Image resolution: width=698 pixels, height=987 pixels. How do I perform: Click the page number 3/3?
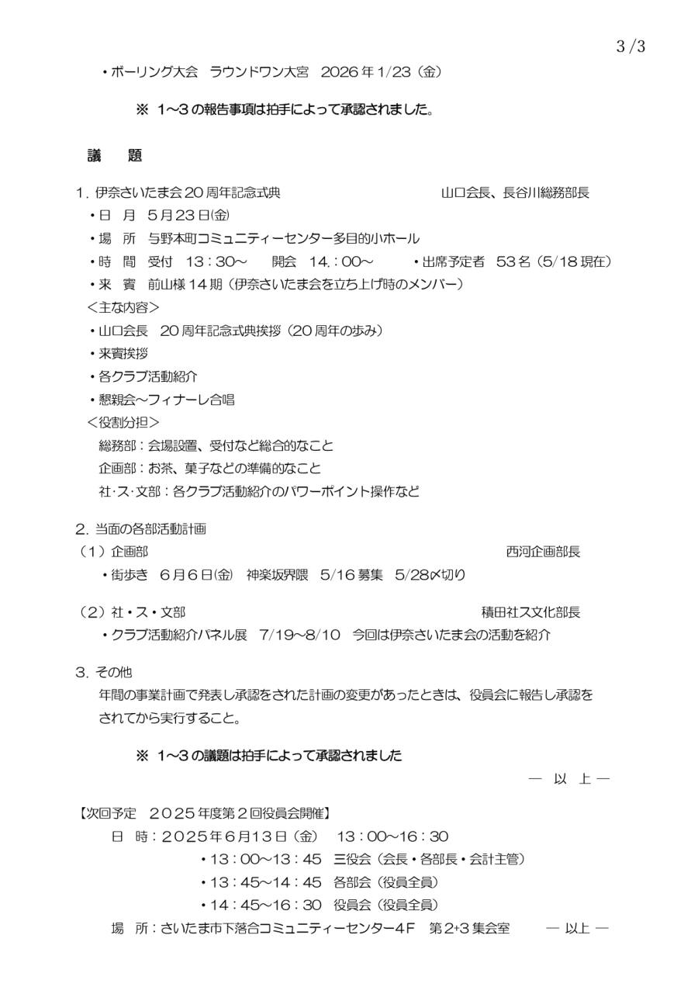click(x=631, y=46)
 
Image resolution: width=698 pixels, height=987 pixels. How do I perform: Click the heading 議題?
click(x=115, y=156)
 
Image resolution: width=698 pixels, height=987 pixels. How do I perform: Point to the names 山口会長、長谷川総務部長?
click(x=515, y=193)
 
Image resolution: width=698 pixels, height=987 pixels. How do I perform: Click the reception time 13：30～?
click(x=216, y=261)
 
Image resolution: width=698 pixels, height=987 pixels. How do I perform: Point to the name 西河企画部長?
click(x=543, y=552)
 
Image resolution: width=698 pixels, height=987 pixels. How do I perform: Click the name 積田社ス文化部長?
click(x=530, y=612)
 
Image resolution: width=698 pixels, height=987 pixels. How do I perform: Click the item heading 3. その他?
click(x=104, y=672)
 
